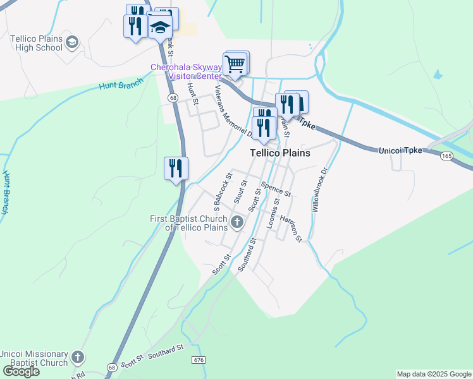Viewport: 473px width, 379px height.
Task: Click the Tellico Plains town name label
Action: coord(279,153)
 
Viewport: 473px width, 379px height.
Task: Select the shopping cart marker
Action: coord(235,64)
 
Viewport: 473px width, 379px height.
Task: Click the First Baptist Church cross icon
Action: coord(237,221)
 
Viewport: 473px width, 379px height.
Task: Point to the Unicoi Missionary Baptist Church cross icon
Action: coord(77,357)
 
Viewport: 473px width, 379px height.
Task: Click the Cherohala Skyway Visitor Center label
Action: coord(186,71)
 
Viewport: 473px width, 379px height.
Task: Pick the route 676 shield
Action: coord(199,359)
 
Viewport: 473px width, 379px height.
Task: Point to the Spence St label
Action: coord(276,188)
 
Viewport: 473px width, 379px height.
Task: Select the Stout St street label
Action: coord(240,191)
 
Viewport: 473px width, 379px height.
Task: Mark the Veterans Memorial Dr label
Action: coord(234,111)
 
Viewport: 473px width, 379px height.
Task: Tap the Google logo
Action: coord(21,371)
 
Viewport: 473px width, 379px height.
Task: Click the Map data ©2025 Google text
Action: coord(433,374)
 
